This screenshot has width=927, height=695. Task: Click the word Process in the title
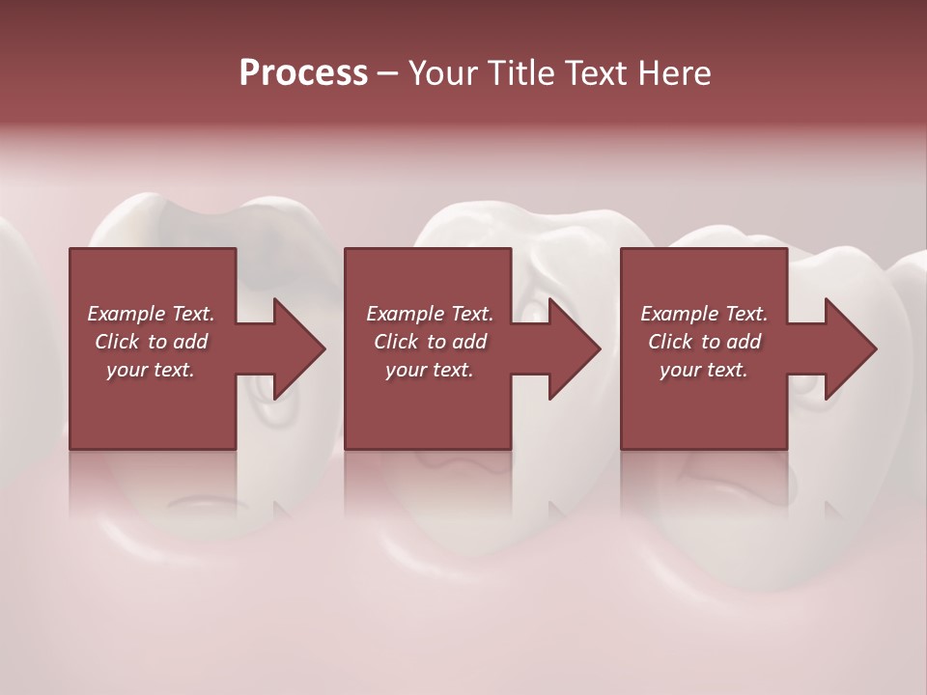coord(303,72)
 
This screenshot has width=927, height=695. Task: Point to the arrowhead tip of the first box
coord(324,348)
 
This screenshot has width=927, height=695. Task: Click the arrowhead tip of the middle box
coord(601,348)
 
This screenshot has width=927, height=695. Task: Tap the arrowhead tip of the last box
coord(876,348)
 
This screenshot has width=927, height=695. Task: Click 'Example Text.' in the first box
coord(151,313)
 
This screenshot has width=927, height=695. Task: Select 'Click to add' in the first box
coord(151,341)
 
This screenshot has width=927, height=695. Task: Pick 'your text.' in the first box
coord(151,369)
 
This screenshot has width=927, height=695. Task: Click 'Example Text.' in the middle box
coord(429,313)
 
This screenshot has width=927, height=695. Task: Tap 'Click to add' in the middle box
coord(429,341)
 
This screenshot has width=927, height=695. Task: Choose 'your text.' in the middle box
coord(429,369)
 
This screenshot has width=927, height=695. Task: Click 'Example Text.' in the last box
coord(704,313)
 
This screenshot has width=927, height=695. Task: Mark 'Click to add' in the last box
coord(704,341)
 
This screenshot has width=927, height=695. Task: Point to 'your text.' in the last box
coord(704,369)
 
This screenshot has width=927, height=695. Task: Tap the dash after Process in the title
coord(387,73)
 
